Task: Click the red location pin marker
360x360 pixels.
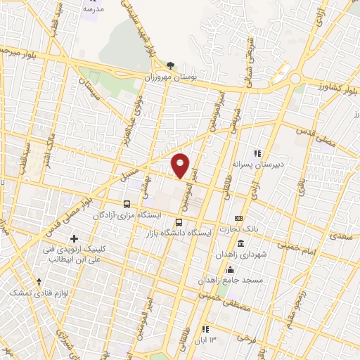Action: (x=181, y=165)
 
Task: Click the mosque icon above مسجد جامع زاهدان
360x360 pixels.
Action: (x=230, y=269)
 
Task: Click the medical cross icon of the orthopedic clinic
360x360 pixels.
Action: (x=74, y=239)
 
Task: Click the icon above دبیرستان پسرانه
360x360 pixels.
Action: (x=258, y=153)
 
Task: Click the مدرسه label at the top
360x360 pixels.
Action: (x=94, y=9)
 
